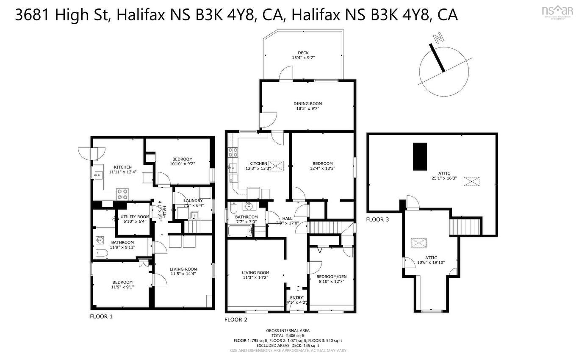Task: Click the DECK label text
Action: [303, 53]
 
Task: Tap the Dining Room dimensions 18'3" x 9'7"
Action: [308, 108]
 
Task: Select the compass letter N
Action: [438, 39]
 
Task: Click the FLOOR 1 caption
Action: [101, 316]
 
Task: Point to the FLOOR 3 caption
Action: [377, 219]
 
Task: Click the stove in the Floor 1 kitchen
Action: [123, 194]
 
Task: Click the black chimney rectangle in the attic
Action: [420, 156]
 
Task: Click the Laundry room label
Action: [193, 201]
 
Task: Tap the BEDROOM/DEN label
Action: [332, 277]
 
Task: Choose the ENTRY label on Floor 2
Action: [296, 298]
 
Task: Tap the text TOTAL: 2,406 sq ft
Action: [288, 335]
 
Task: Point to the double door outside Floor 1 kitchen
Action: [91, 153]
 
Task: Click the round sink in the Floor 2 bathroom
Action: [249, 207]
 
